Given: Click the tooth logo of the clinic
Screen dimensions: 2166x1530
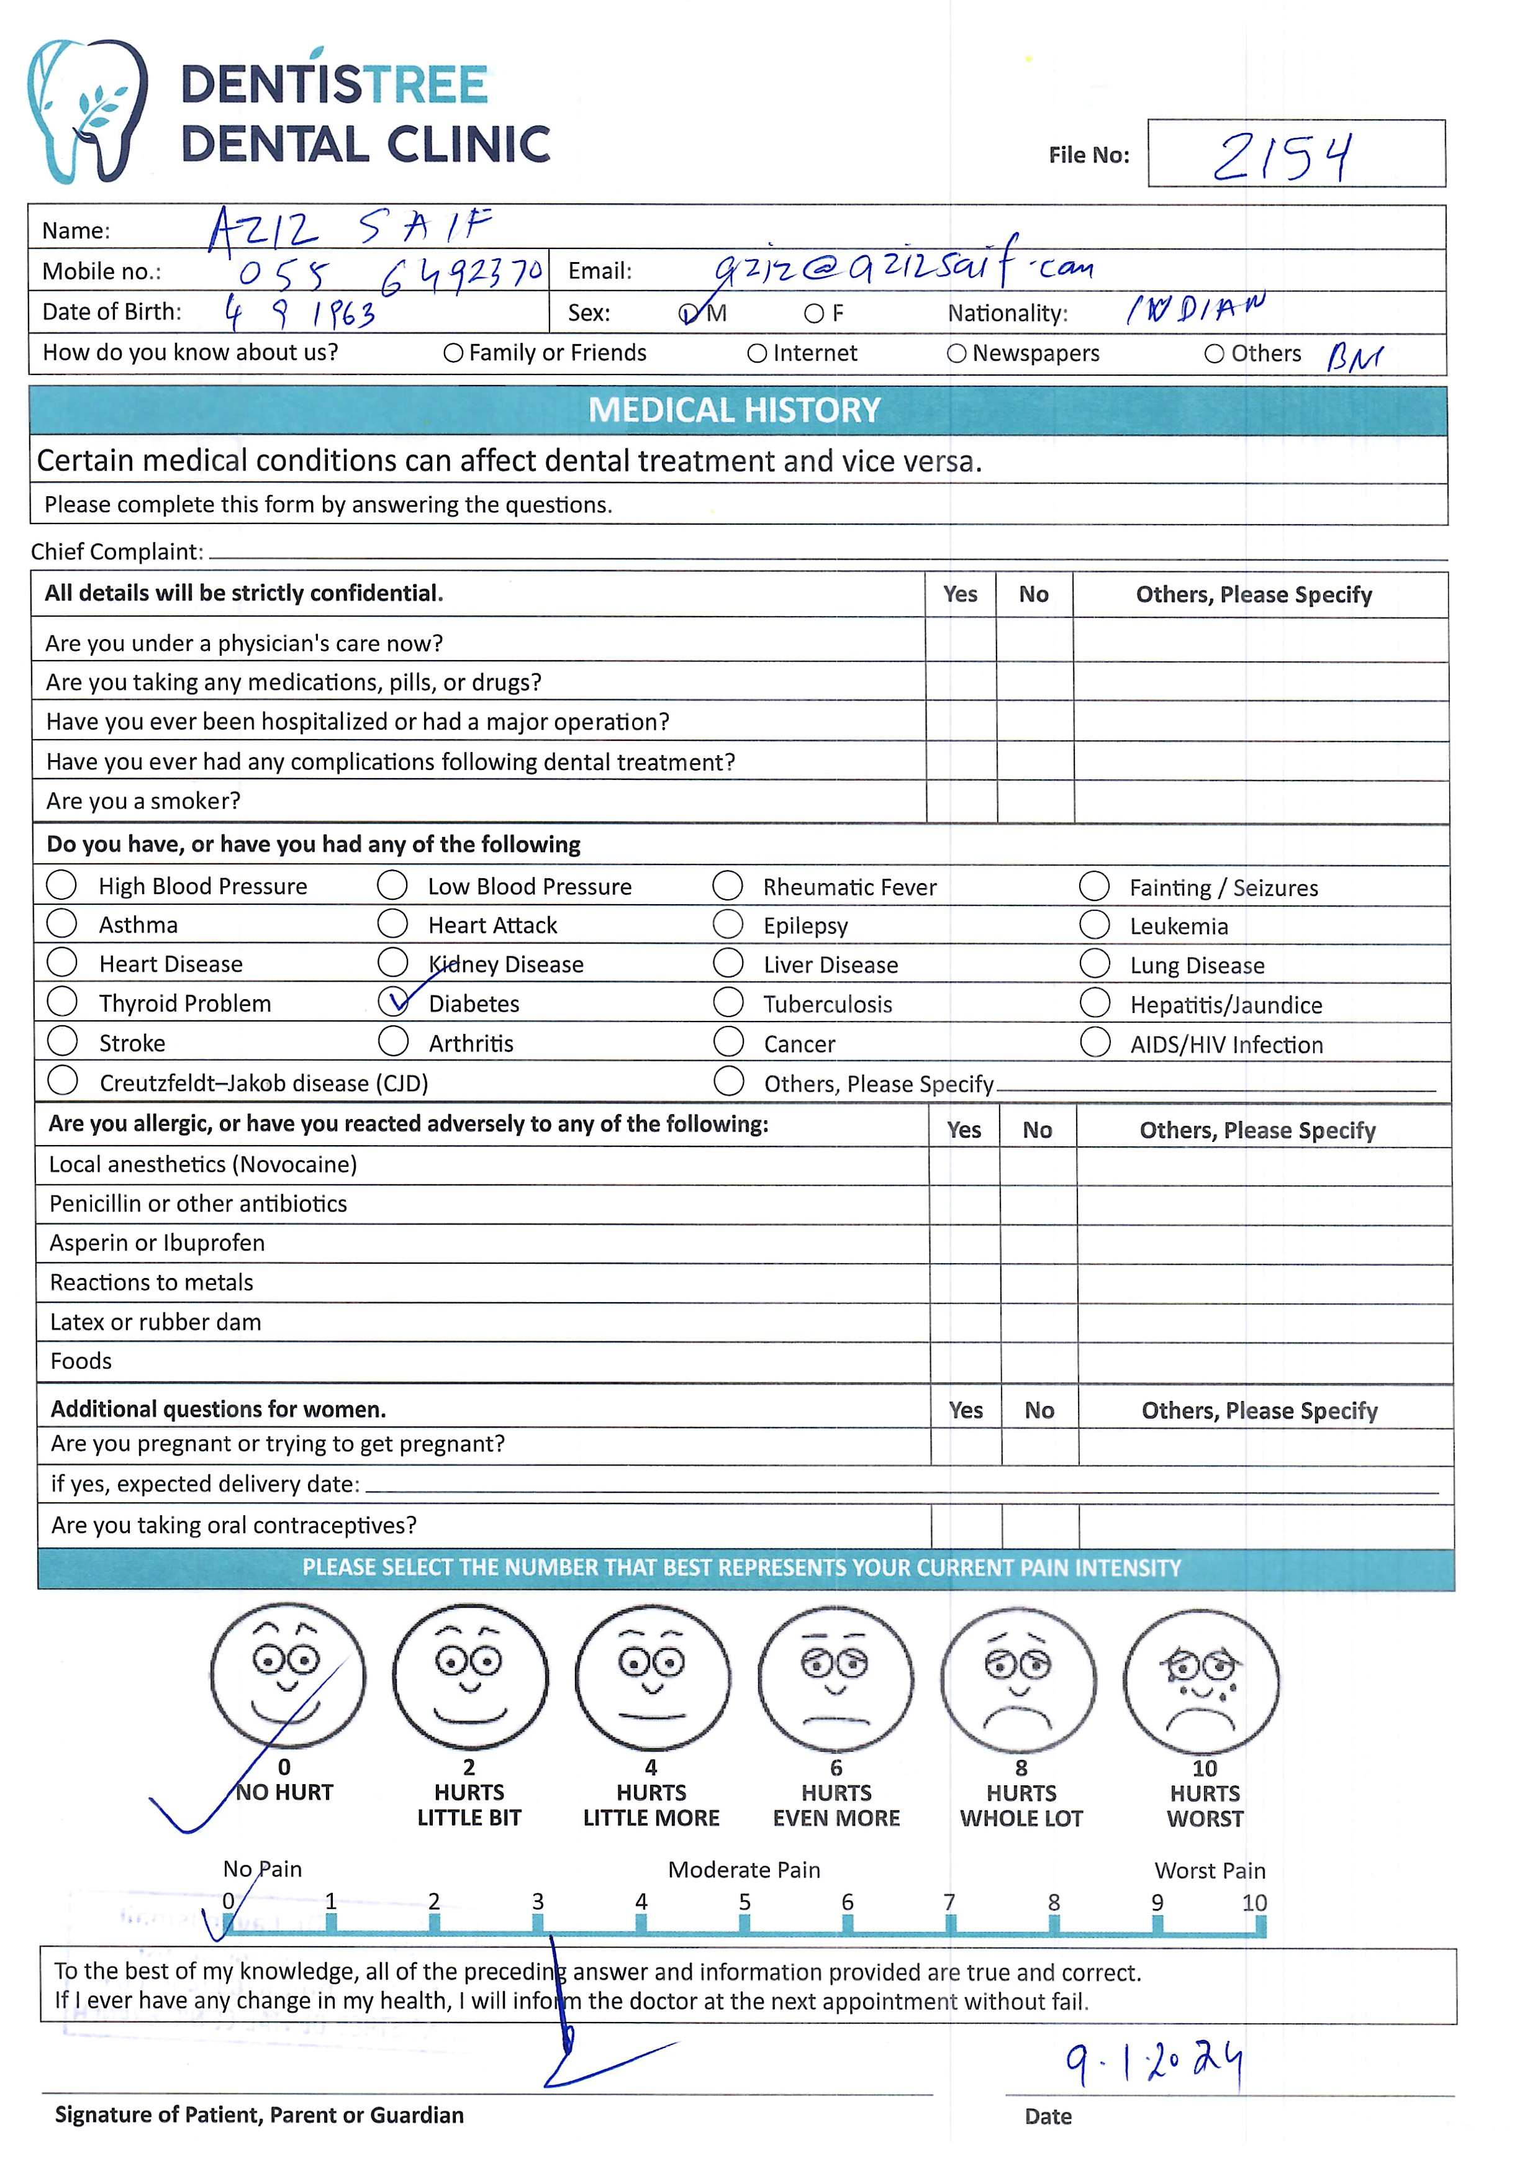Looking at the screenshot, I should (87, 111).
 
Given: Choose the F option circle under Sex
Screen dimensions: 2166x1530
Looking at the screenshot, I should (813, 313).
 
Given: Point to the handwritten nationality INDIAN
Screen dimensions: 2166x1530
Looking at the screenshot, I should (1195, 309).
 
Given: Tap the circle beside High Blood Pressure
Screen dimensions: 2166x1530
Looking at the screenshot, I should (62, 885).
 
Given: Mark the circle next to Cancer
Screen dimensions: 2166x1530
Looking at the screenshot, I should (728, 1041).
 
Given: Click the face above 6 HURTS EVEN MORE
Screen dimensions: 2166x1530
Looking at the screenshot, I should (836, 1679).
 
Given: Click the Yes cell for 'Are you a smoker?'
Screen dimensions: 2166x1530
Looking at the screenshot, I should (961, 801).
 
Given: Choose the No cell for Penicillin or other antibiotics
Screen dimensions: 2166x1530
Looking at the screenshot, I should (1038, 1205).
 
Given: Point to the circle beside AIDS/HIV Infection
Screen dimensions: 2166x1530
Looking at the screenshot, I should (1095, 1043).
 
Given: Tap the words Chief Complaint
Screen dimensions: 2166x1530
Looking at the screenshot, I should (117, 552).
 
